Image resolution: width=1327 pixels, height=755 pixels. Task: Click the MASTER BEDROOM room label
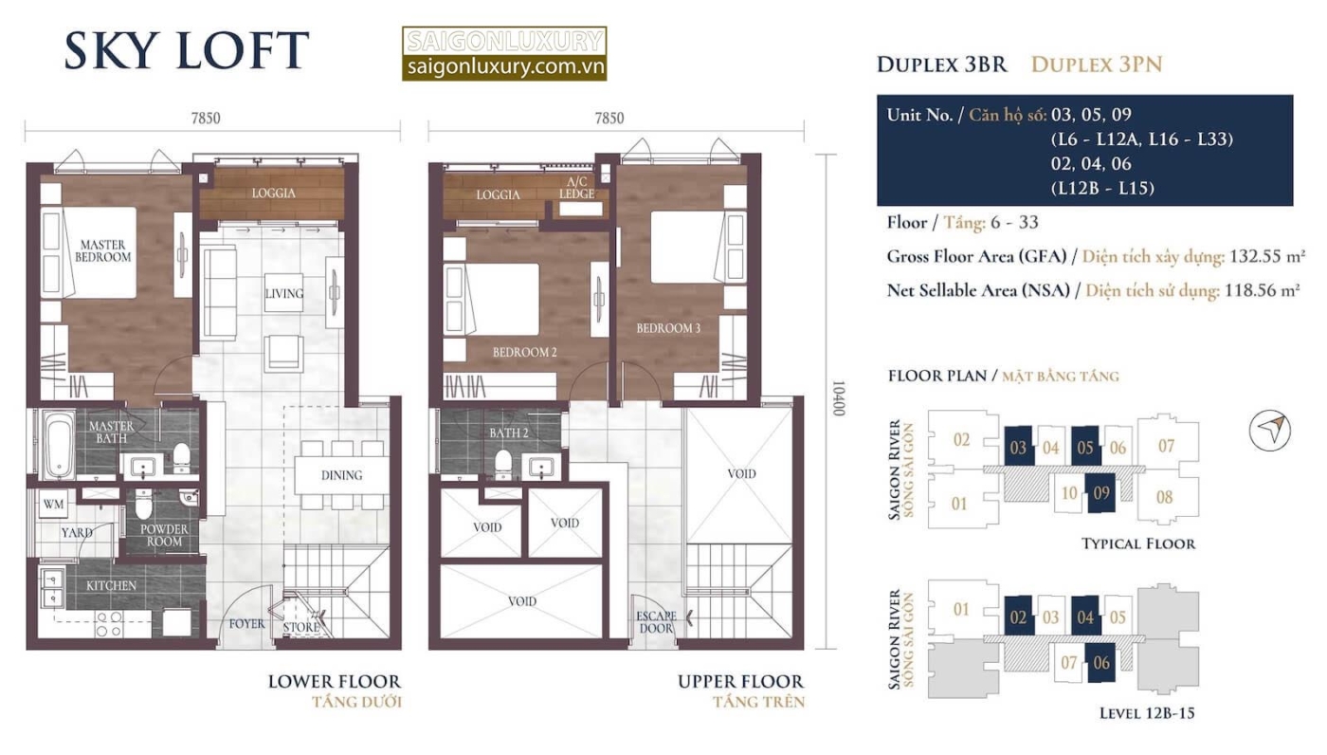(102, 250)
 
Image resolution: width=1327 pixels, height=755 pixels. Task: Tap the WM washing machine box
(53, 504)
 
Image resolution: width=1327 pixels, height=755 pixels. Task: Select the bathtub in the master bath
(58, 445)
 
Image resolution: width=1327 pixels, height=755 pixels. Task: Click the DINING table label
(342, 474)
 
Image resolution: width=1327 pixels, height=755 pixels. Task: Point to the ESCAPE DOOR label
(656, 621)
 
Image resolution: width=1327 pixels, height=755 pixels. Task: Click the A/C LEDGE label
(577, 188)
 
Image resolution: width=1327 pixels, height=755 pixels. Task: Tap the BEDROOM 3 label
(668, 328)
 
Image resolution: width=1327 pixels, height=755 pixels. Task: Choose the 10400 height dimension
(838, 398)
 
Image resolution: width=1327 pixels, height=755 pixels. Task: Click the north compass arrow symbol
(1269, 430)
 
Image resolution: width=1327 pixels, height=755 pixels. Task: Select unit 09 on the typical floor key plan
(1100, 493)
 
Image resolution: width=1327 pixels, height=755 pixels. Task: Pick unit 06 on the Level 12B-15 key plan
(1100, 663)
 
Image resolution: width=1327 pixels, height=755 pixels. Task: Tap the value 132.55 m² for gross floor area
(1267, 256)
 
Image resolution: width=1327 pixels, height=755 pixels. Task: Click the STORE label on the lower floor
(301, 627)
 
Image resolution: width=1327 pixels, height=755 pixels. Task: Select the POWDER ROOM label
(164, 535)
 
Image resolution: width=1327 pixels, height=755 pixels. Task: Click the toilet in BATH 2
(503, 464)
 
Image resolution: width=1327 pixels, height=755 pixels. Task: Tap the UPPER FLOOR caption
(741, 682)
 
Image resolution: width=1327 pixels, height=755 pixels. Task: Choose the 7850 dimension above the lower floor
(206, 119)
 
